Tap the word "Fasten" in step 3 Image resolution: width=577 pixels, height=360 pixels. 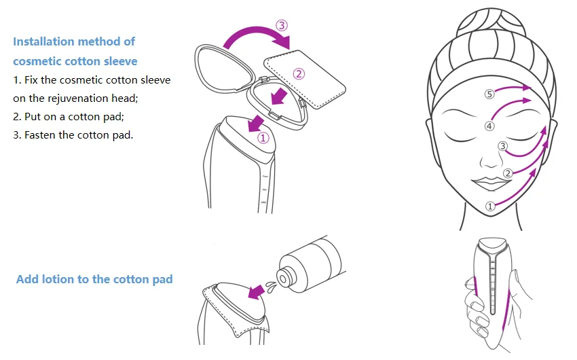pos(41,134)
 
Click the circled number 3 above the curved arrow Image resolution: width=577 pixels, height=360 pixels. pos(282,25)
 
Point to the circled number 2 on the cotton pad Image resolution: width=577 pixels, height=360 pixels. pos(299,74)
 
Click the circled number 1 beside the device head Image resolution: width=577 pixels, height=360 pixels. pos(263,137)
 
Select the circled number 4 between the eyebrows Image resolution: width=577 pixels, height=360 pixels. pos(489,126)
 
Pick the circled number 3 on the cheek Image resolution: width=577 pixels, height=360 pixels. pos(502,146)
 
